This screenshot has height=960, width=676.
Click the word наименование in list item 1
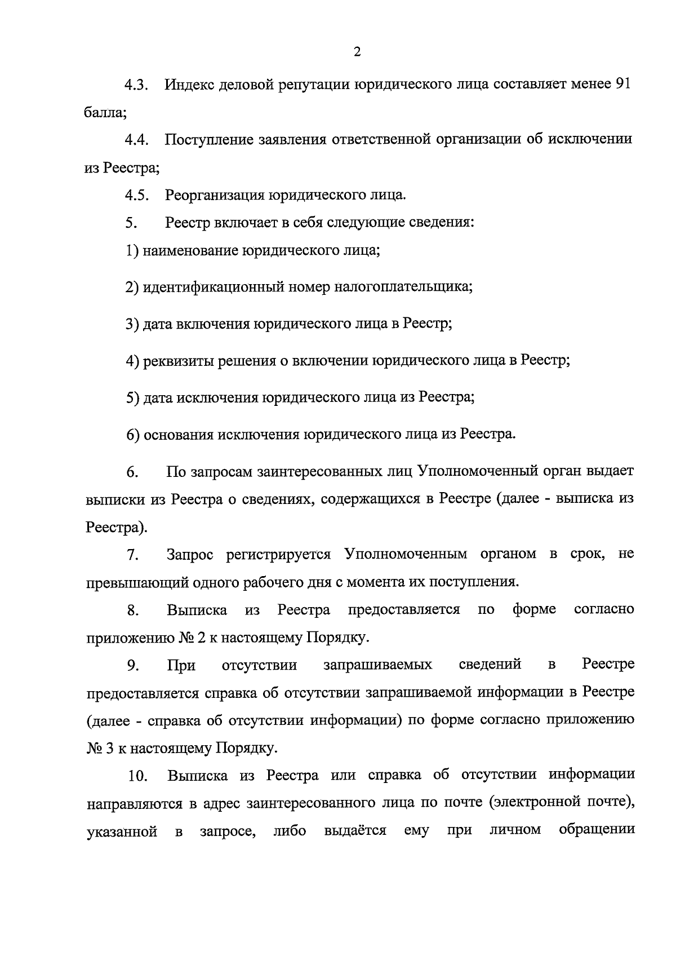(190, 250)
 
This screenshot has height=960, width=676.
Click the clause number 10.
(137, 776)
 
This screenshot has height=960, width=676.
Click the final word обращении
(597, 831)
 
